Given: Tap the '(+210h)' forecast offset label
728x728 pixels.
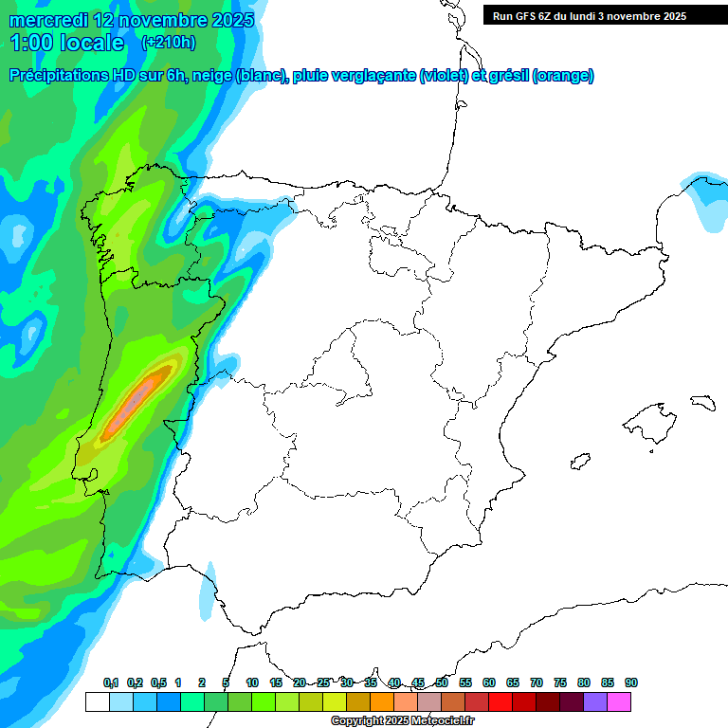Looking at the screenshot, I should [x=168, y=42].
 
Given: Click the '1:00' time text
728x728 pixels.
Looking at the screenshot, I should [x=29, y=43].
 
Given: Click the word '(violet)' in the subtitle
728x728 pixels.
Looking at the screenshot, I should [x=444, y=76].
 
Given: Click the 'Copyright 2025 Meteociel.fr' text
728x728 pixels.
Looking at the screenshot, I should [x=402, y=721].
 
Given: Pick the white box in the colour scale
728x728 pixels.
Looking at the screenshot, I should [x=97, y=702].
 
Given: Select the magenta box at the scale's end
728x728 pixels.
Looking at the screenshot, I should [x=619, y=702].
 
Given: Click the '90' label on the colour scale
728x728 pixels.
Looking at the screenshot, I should [x=631, y=683].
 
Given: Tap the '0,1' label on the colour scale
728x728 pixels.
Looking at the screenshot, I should [x=111, y=683].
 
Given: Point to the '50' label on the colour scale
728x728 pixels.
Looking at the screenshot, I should [x=442, y=683].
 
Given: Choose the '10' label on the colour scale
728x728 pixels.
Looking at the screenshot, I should [x=252, y=683].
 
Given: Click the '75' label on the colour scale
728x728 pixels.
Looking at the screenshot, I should [x=560, y=683].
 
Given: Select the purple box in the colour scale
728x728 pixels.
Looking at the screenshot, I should [x=595, y=702].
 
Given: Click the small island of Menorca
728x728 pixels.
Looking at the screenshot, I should [x=701, y=403].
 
